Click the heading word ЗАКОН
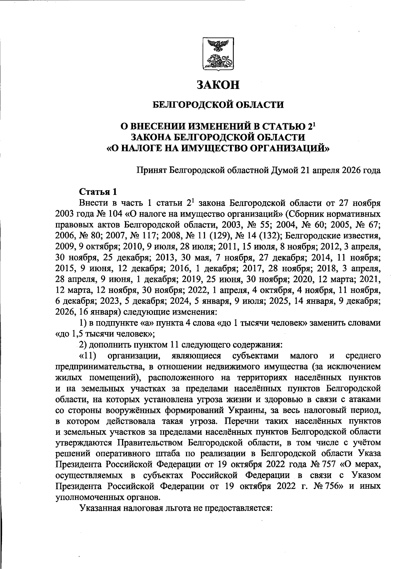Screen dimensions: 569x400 [218, 85]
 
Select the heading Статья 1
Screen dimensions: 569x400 [98, 192]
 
